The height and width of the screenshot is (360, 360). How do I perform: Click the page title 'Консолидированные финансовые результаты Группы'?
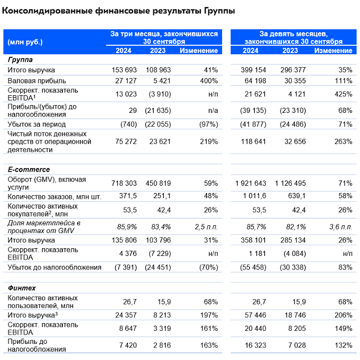click(x=119, y=10)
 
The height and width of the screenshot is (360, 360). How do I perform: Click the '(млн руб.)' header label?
click(x=25, y=42)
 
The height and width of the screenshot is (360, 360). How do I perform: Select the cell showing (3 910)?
click(x=159, y=94)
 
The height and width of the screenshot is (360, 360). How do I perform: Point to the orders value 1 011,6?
click(x=261, y=196)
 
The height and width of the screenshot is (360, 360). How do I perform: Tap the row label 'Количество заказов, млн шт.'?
click(x=55, y=196)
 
